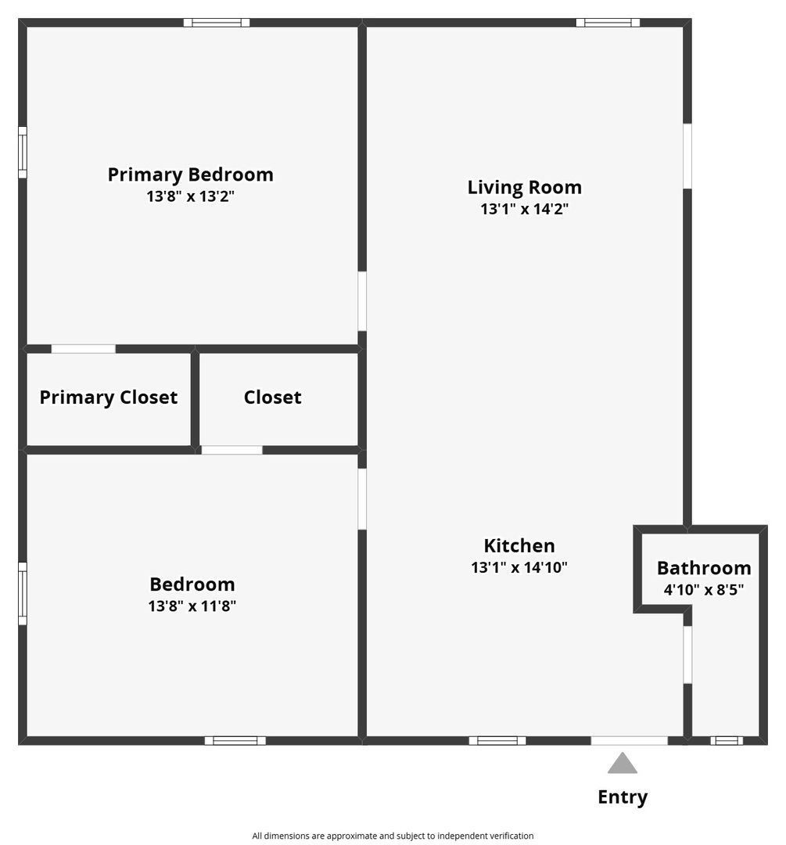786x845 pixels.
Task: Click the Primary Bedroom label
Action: click(x=190, y=174)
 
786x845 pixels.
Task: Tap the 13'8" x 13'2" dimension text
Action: click(x=190, y=196)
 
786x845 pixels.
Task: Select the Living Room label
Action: click(x=524, y=187)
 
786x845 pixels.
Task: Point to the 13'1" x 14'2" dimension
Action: click(x=524, y=209)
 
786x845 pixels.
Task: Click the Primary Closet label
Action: click(x=108, y=397)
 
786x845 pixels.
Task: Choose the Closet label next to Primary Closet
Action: click(x=272, y=397)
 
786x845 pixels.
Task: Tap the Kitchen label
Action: click(x=519, y=545)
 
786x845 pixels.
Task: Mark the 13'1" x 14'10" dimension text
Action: click(x=519, y=567)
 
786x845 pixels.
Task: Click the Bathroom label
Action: click(x=704, y=568)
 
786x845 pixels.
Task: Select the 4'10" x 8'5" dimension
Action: click(x=704, y=590)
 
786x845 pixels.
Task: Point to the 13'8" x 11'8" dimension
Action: click(x=192, y=606)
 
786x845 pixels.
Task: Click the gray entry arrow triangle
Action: click(x=622, y=764)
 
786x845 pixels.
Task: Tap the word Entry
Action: click(x=623, y=797)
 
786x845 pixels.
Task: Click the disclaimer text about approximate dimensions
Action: click(x=393, y=836)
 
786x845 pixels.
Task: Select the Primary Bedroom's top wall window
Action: click(x=217, y=23)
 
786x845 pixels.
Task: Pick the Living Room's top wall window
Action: click(x=608, y=23)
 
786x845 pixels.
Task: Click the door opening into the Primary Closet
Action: click(x=83, y=349)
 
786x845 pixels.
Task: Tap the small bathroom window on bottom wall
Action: click(x=727, y=740)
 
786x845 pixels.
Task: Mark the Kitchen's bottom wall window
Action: click(x=497, y=740)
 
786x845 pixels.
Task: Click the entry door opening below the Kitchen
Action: click(x=629, y=740)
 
